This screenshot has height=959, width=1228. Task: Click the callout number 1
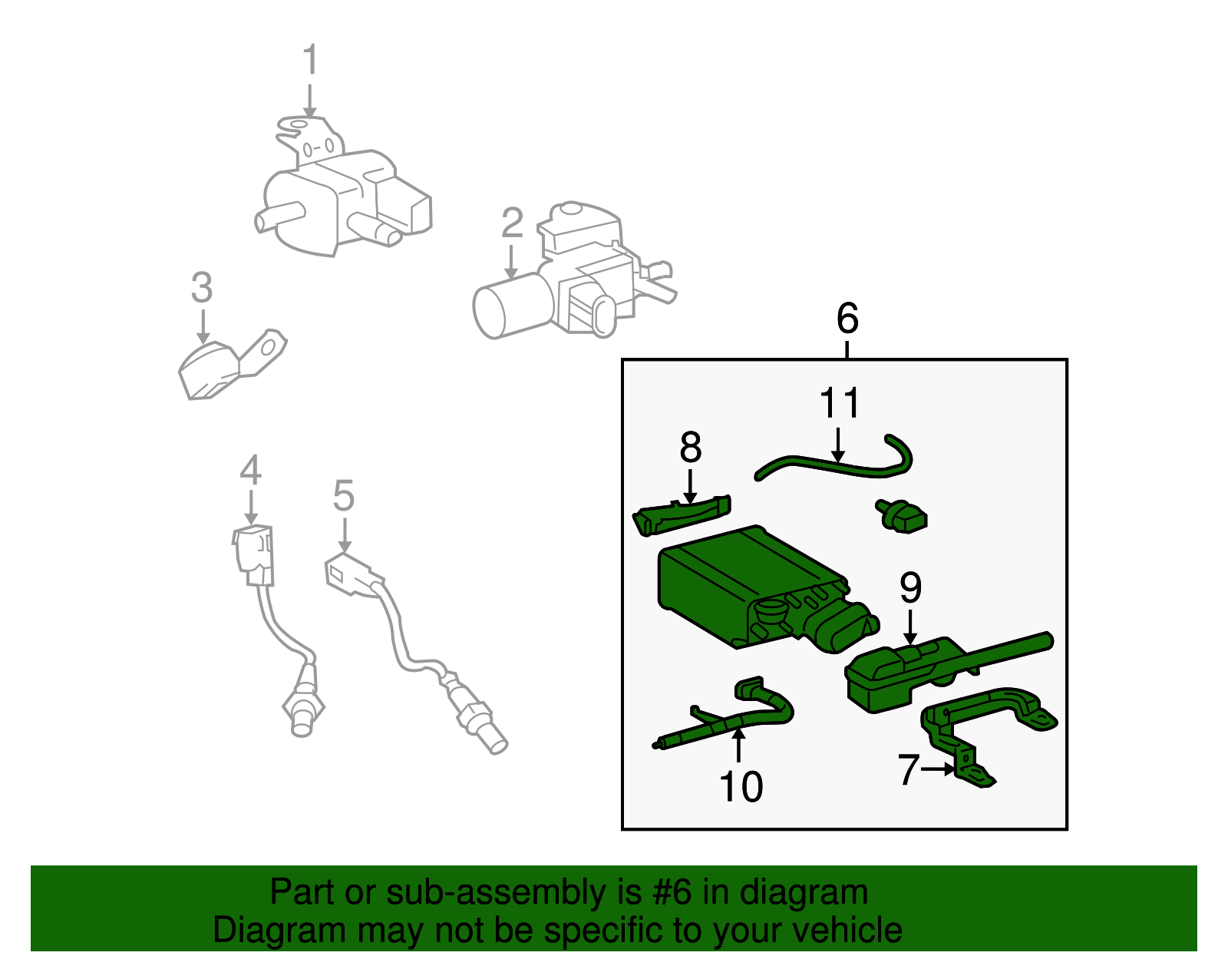310,60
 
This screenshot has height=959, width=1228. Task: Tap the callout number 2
512,223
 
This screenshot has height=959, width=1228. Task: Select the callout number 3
202,288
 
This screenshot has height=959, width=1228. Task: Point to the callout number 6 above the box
847,318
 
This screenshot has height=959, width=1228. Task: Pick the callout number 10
741,786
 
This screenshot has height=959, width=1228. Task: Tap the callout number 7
909,769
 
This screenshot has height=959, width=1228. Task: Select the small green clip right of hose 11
903,516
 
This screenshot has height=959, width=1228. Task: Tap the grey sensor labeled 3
211,371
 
